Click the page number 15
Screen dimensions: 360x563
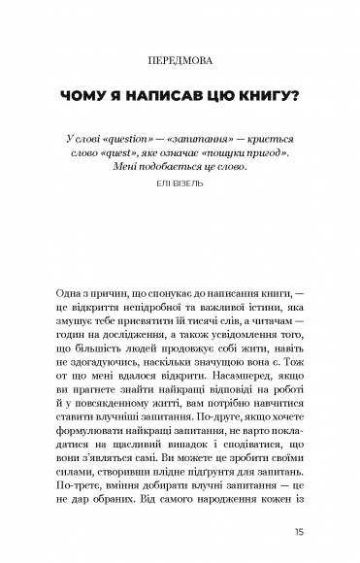301,532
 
